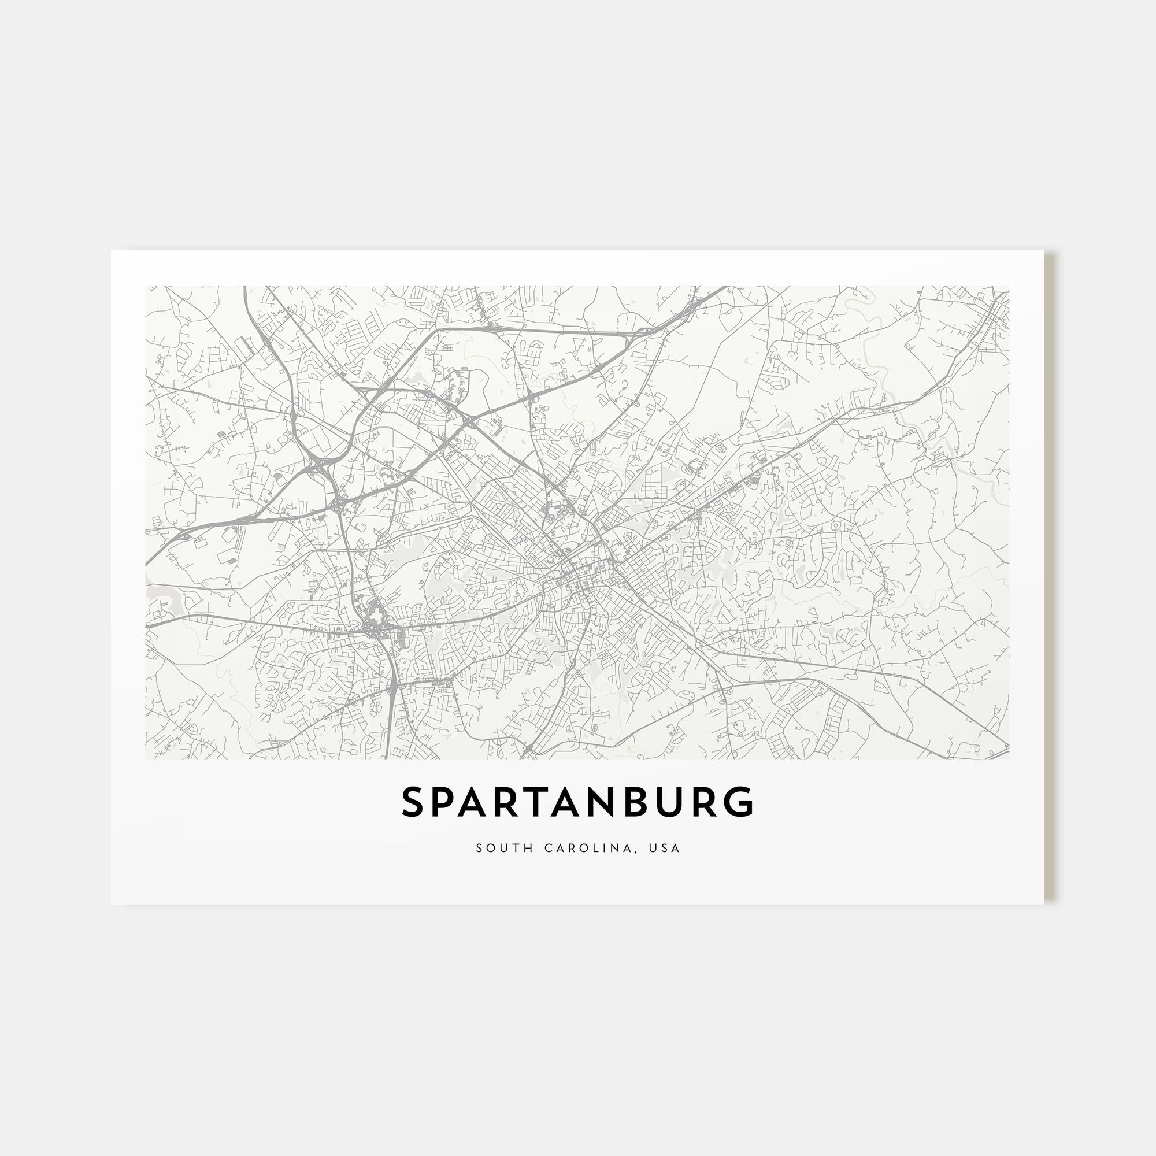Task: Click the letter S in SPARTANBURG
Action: pos(413,803)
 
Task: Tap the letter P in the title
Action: pos(447,803)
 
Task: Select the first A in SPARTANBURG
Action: pos(483,803)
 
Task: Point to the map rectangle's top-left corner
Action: pos(146,286)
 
